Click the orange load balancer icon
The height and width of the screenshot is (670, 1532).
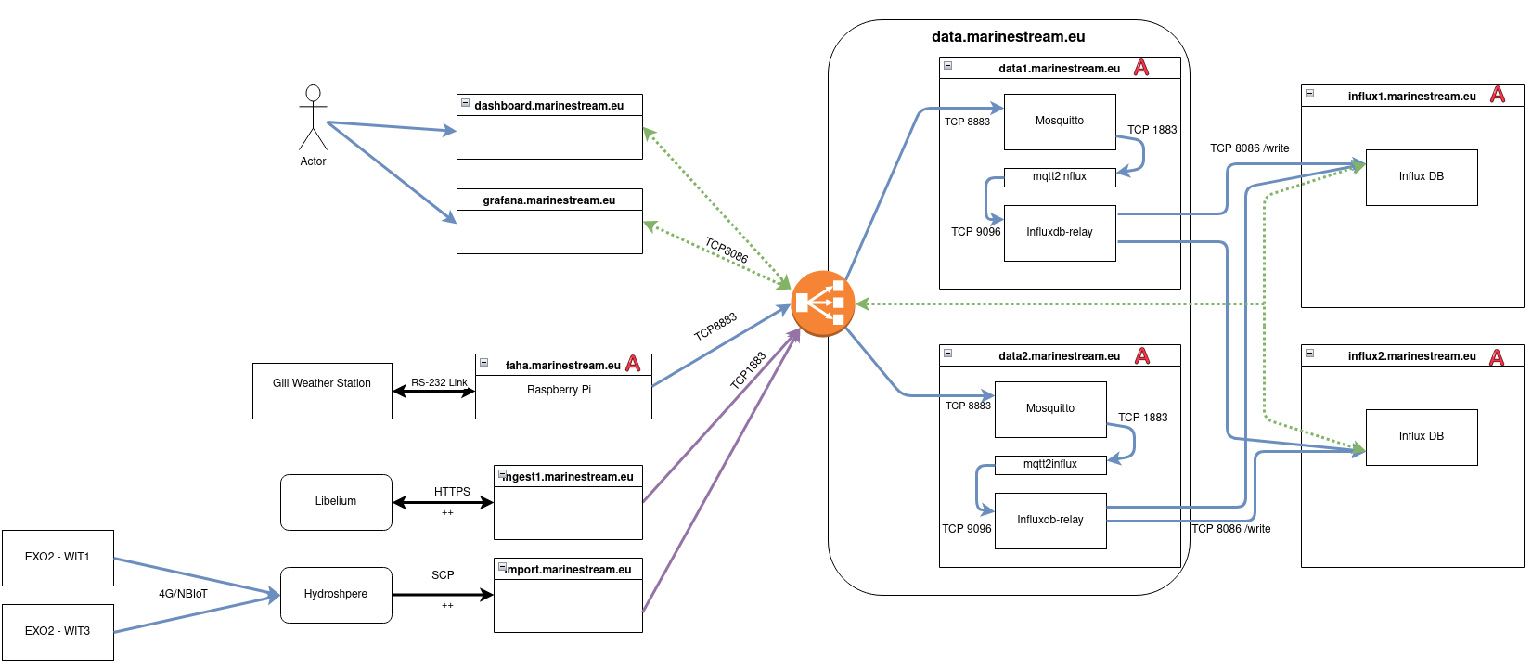(822, 303)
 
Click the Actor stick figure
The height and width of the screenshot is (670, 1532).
(313, 118)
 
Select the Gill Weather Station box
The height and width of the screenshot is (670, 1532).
(322, 391)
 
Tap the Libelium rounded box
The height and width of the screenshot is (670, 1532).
(336, 502)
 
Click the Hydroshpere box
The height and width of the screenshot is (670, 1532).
(336, 595)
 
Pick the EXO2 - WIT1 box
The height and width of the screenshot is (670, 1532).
(58, 558)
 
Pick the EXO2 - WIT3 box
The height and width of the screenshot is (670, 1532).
(58, 632)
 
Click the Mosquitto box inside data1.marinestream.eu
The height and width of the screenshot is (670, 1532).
(1060, 122)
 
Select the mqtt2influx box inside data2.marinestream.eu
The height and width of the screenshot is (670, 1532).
(1050, 464)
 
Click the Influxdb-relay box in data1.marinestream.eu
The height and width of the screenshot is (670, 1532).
(1060, 233)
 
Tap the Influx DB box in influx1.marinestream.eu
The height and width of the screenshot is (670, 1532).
(1422, 177)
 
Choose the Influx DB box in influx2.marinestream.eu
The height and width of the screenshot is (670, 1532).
(1422, 437)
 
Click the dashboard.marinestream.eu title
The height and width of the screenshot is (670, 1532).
(549, 105)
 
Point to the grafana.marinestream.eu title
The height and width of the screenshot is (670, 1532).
(549, 200)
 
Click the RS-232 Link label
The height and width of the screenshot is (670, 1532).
(439, 382)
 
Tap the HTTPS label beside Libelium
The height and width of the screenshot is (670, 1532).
(452, 492)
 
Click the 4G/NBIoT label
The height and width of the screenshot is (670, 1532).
(183, 594)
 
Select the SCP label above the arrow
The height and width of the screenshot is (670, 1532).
(443, 575)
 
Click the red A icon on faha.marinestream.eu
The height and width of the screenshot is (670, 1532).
(633, 364)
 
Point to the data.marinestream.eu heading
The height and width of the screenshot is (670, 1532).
(1008, 37)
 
